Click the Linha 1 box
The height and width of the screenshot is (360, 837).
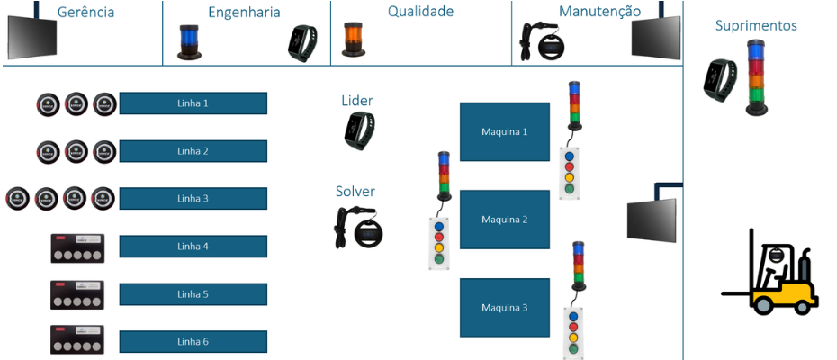193,103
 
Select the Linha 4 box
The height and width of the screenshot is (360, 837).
193,247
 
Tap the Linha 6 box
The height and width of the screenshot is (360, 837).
193,342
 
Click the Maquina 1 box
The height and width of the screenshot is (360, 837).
504,131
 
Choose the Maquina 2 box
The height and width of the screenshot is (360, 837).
504,220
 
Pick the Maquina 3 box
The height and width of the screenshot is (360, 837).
504,308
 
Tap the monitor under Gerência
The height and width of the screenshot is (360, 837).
32,35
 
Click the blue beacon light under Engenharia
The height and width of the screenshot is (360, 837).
188,42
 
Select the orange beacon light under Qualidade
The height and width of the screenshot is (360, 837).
352,40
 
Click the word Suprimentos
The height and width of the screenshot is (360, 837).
755,25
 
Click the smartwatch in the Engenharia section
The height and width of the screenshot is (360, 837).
303,43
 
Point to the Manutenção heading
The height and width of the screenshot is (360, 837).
599,12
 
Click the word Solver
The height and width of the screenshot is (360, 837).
355,191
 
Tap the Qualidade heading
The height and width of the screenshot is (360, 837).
420,12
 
